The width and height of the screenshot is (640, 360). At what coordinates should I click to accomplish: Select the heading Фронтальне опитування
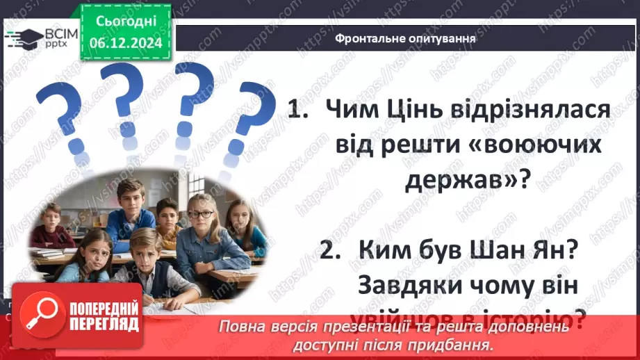(x=405, y=38)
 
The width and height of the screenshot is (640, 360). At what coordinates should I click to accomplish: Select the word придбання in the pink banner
(x=459, y=345)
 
